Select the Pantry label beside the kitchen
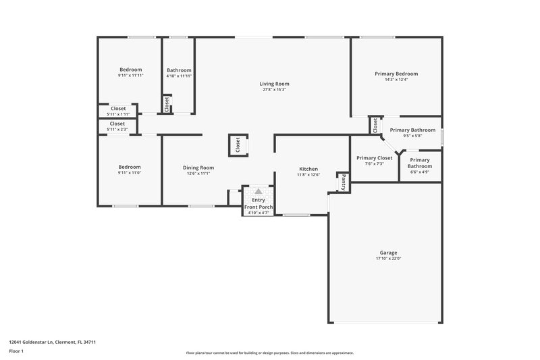tap(343, 182)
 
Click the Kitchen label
tap(308, 169)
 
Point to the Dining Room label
tap(198, 168)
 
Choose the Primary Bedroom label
tap(396, 74)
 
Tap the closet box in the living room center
tap(238, 145)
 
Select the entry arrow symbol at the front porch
tap(258, 192)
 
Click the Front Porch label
tap(258, 207)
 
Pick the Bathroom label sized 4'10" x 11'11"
tap(179, 70)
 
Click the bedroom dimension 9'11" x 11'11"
tap(130, 76)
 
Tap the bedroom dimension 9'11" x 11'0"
tap(130, 173)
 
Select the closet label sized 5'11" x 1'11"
tap(117, 108)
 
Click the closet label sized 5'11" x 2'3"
tap(117, 124)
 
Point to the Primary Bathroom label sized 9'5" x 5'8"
tap(412, 130)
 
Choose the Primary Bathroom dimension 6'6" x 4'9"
tap(419, 172)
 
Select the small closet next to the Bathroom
tap(166, 103)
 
